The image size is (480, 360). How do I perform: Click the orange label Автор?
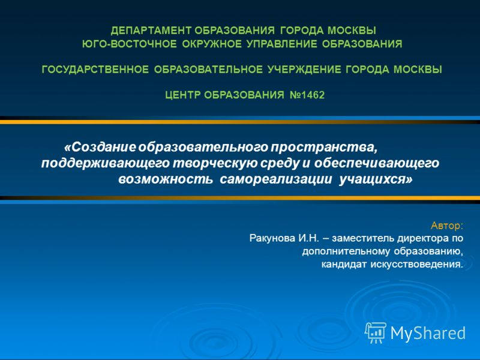pyautogui.click(x=447, y=226)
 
